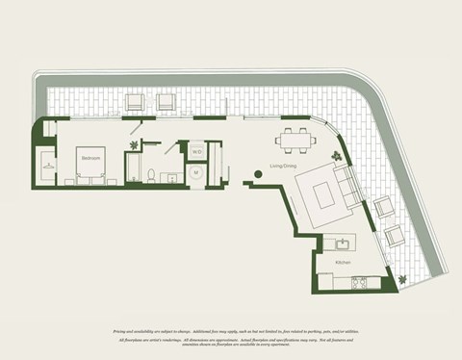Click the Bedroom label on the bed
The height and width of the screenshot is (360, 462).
[90, 157]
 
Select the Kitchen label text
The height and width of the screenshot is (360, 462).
[344, 262]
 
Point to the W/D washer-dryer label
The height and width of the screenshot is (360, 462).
[196, 152]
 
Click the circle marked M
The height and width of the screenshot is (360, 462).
[196, 173]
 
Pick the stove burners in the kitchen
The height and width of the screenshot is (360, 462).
[360, 283]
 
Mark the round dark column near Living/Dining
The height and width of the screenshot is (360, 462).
[257, 174]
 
